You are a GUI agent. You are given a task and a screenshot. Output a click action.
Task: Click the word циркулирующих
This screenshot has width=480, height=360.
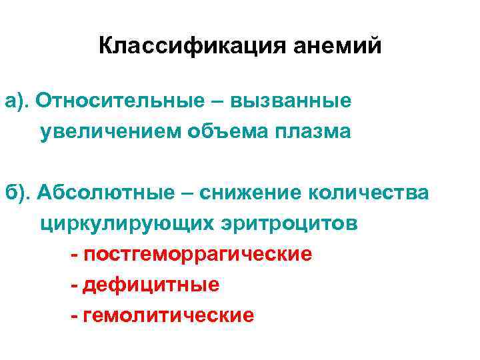pos(127,223)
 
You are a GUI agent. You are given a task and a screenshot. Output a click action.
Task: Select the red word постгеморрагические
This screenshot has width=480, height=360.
pos(197,255)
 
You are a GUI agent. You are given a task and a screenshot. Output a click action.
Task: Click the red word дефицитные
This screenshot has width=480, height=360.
pos(151,285)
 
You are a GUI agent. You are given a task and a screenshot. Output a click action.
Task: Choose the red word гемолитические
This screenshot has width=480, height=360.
pos(169,315)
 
